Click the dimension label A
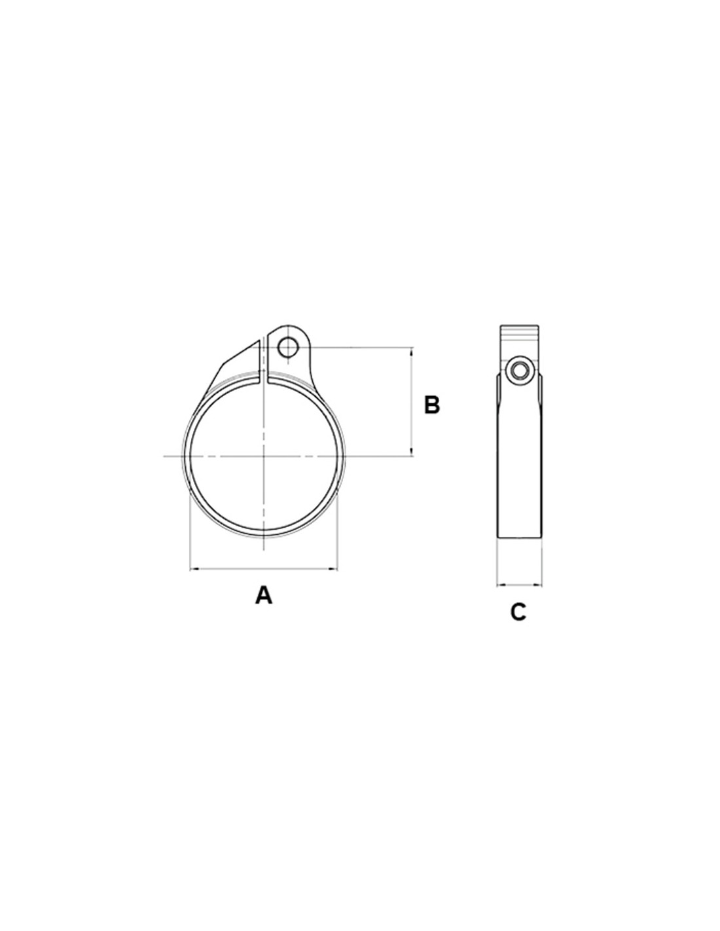(x=263, y=596)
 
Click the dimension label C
(x=518, y=612)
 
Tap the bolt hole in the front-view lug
(x=285, y=347)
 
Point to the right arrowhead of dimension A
(x=333, y=569)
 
